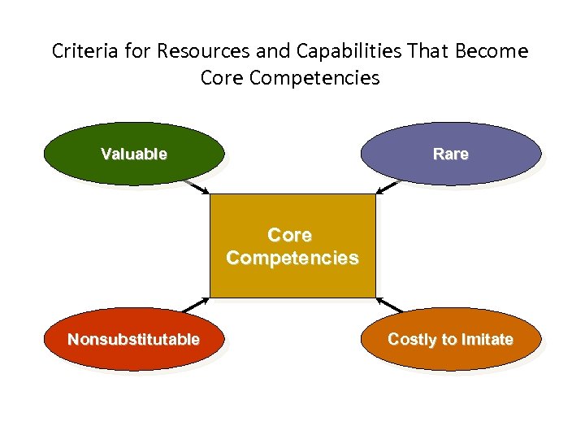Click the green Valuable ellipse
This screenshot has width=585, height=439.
(x=133, y=154)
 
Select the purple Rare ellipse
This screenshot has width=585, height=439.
(x=450, y=154)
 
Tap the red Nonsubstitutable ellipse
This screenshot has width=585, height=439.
(x=133, y=340)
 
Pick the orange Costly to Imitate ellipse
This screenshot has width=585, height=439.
(x=450, y=340)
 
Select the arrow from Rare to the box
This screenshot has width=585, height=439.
(x=387, y=187)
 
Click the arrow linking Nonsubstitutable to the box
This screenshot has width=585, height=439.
(x=195, y=305)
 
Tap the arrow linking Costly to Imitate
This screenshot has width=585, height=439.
(x=391, y=305)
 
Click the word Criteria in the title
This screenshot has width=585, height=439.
(x=81, y=52)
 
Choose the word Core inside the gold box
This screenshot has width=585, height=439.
(x=290, y=235)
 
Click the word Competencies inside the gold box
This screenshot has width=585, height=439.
(x=292, y=259)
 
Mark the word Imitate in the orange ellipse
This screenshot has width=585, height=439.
(x=487, y=340)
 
